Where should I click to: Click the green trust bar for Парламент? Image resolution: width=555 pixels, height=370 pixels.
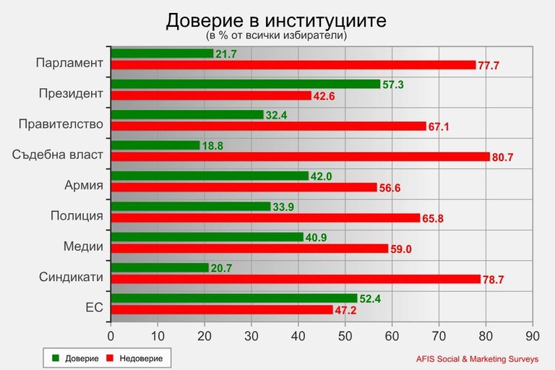coord(162,53)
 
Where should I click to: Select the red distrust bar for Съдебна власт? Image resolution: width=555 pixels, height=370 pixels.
coord(300,157)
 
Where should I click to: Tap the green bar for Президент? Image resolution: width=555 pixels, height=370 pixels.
coord(245,84)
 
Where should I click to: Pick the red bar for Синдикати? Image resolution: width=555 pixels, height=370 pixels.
coord(295,279)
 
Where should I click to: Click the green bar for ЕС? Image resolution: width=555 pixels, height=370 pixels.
coord(233,298)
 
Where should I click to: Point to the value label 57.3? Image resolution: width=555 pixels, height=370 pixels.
coord(393,85)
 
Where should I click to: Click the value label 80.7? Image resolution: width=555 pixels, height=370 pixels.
coord(504,157)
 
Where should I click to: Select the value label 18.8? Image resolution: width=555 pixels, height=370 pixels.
coord(212,145)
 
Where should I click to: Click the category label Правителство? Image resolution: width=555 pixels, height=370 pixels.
coord(61,124)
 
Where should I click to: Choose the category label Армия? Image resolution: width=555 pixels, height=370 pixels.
coord(84,185)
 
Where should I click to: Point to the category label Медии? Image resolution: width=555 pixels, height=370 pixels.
coord(83,246)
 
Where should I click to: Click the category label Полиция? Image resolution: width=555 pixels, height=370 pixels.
coord(77,215)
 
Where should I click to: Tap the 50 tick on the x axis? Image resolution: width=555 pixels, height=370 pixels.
coord(345,336)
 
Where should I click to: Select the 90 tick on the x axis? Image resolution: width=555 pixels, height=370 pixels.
coord(532,336)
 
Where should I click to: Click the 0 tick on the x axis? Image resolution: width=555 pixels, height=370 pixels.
coord(111,336)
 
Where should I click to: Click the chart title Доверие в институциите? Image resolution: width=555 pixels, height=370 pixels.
coord(276,20)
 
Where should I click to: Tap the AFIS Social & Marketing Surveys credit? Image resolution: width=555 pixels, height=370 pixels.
coord(477,358)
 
